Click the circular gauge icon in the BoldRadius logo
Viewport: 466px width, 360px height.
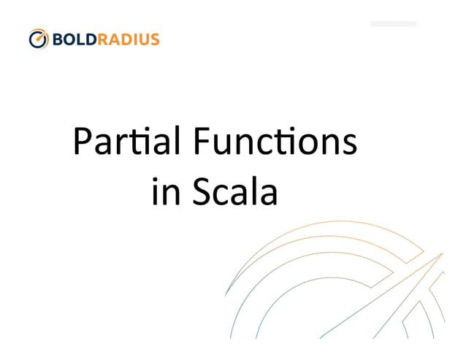pyautogui.click(x=39, y=39)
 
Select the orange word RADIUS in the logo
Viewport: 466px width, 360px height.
pyautogui.click(x=128, y=39)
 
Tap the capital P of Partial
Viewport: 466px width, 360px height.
pyautogui.click(x=82, y=142)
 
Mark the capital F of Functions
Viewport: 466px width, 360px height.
pyautogui.click(x=202, y=142)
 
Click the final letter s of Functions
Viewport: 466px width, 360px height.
pyautogui.click(x=349, y=144)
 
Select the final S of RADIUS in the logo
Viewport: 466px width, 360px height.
pyautogui.click(x=154, y=39)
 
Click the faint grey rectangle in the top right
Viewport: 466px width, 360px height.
pyautogui.click(x=393, y=24)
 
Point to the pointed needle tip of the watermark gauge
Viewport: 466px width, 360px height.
pyautogui.click(x=442, y=253)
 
